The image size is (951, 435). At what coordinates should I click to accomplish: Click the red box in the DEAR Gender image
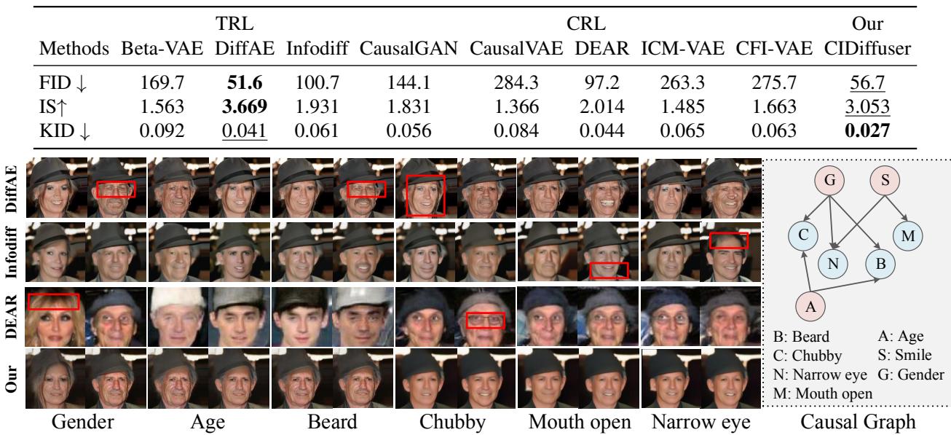coord(53,299)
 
